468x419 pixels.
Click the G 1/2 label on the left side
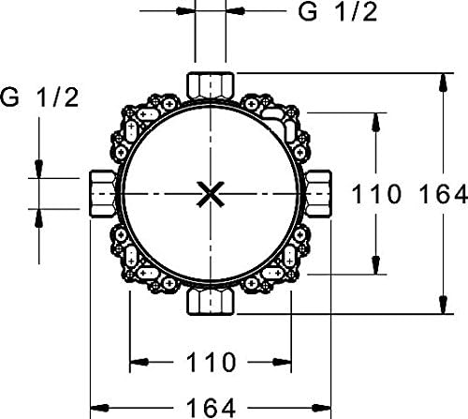tap(39, 98)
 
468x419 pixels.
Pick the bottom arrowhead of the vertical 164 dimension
tap(439, 309)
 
